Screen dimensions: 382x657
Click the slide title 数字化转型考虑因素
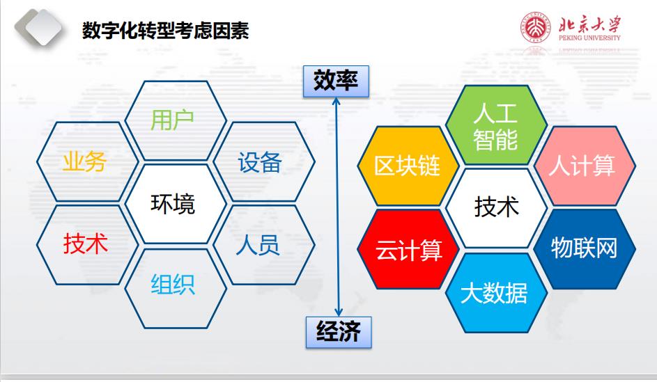(x=165, y=31)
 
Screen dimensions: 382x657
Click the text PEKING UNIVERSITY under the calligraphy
(x=589, y=38)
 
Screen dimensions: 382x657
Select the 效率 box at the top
(x=336, y=81)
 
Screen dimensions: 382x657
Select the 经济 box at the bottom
(x=339, y=332)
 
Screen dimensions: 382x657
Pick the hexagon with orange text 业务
(x=84, y=162)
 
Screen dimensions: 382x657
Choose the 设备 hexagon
(x=260, y=162)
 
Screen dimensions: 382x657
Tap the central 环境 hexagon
(x=173, y=204)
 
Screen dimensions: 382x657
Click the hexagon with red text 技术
(x=85, y=244)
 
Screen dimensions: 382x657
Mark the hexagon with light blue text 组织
(x=173, y=284)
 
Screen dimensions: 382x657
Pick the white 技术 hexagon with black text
(x=495, y=207)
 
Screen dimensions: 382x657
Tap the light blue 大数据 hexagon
(x=495, y=292)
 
